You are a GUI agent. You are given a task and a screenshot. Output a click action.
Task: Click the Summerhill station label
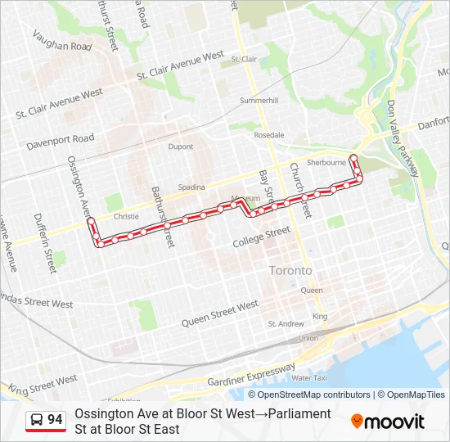tap(259, 101)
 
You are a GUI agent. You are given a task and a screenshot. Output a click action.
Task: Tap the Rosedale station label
tap(269, 135)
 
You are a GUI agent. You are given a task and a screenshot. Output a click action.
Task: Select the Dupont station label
tap(180, 147)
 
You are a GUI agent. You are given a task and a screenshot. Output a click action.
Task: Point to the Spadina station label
tap(191, 187)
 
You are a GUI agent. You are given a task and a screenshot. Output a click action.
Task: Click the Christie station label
tap(126, 217)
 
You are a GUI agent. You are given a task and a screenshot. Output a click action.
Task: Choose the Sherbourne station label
tap(326, 163)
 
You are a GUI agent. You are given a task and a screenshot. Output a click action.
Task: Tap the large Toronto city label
tap(290, 270)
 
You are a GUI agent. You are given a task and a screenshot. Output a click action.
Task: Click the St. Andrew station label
tap(286, 324)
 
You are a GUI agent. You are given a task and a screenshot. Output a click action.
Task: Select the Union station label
tap(308, 338)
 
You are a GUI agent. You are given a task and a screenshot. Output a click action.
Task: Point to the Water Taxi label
tap(309, 378)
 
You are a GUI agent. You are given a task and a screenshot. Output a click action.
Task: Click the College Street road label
tap(261, 237)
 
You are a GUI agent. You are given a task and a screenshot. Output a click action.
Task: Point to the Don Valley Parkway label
tap(403, 136)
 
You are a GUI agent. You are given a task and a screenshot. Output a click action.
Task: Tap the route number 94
tap(55, 420)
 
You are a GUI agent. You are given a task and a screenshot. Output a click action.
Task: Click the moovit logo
tap(388, 422)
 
